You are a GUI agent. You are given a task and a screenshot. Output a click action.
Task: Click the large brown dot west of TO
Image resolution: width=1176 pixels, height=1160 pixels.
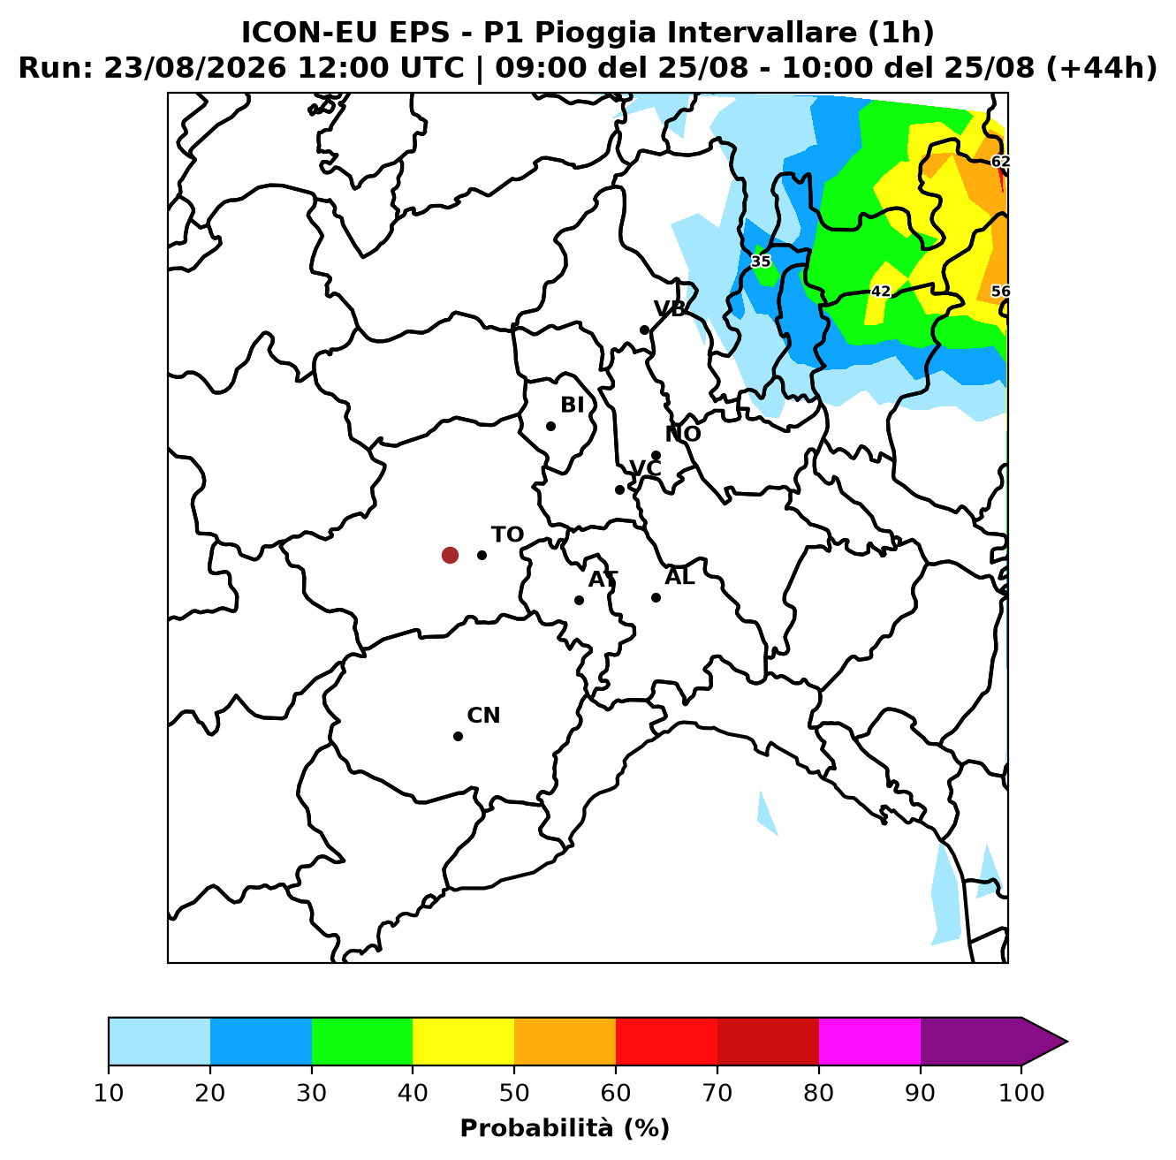[450, 555]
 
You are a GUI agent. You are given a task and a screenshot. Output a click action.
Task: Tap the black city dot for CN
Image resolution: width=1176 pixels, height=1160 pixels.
[458, 736]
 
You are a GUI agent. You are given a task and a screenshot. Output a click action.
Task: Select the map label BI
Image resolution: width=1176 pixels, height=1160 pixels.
[572, 405]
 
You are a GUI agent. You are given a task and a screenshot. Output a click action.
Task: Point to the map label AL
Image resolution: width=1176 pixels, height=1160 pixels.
[679, 576]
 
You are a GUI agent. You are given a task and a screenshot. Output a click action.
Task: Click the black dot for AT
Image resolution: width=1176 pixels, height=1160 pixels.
[579, 600]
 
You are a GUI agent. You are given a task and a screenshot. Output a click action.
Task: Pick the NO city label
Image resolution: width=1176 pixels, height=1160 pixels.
[682, 434]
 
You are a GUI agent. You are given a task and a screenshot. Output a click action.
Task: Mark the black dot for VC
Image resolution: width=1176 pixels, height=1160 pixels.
[619, 489]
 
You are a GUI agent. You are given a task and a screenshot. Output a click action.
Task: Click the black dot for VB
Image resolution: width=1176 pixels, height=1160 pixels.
[644, 330]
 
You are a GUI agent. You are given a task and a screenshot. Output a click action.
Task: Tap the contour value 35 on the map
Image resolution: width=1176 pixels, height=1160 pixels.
[761, 262]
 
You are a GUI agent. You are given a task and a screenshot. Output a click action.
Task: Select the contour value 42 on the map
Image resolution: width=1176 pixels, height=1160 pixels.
[880, 292]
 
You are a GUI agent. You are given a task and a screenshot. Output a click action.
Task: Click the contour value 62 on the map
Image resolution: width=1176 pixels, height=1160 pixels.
[999, 161]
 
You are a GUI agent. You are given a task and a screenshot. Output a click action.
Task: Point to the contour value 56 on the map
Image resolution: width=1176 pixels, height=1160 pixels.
[999, 292]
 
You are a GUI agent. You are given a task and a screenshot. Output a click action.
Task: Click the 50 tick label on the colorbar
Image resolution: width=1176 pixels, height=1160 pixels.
[514, 1093]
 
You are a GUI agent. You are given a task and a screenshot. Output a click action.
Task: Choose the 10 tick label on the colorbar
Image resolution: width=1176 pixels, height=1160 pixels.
[109, 1093]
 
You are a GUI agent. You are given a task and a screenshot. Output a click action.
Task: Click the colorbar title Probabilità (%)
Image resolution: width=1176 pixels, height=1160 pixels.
[565, 1128]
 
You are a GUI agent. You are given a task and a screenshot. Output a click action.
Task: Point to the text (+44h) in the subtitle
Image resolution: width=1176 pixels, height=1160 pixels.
[1102, 68]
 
